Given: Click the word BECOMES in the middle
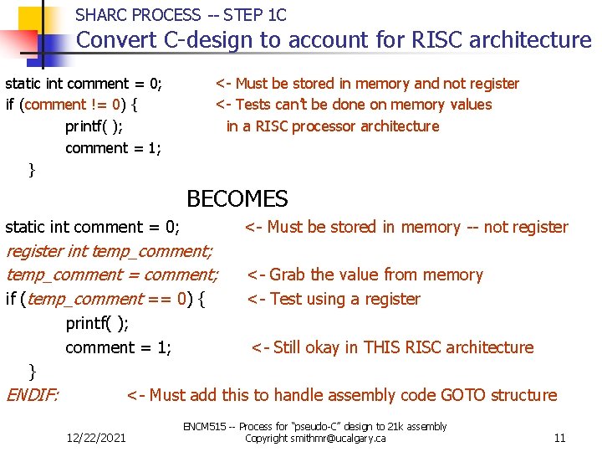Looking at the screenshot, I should coord(237,199).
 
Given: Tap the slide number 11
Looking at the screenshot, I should coord(559,438).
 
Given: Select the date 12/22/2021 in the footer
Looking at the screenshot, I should coord(99,438).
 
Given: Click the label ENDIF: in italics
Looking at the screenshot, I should coord(33,395).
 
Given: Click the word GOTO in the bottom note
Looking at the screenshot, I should coord(462,395).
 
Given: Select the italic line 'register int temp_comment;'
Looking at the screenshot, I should coord(110,250).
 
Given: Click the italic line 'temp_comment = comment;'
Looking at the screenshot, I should coord(112,275).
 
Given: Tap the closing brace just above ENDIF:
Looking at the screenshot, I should coord(32,370).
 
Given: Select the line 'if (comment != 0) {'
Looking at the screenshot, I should coord(73,105).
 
